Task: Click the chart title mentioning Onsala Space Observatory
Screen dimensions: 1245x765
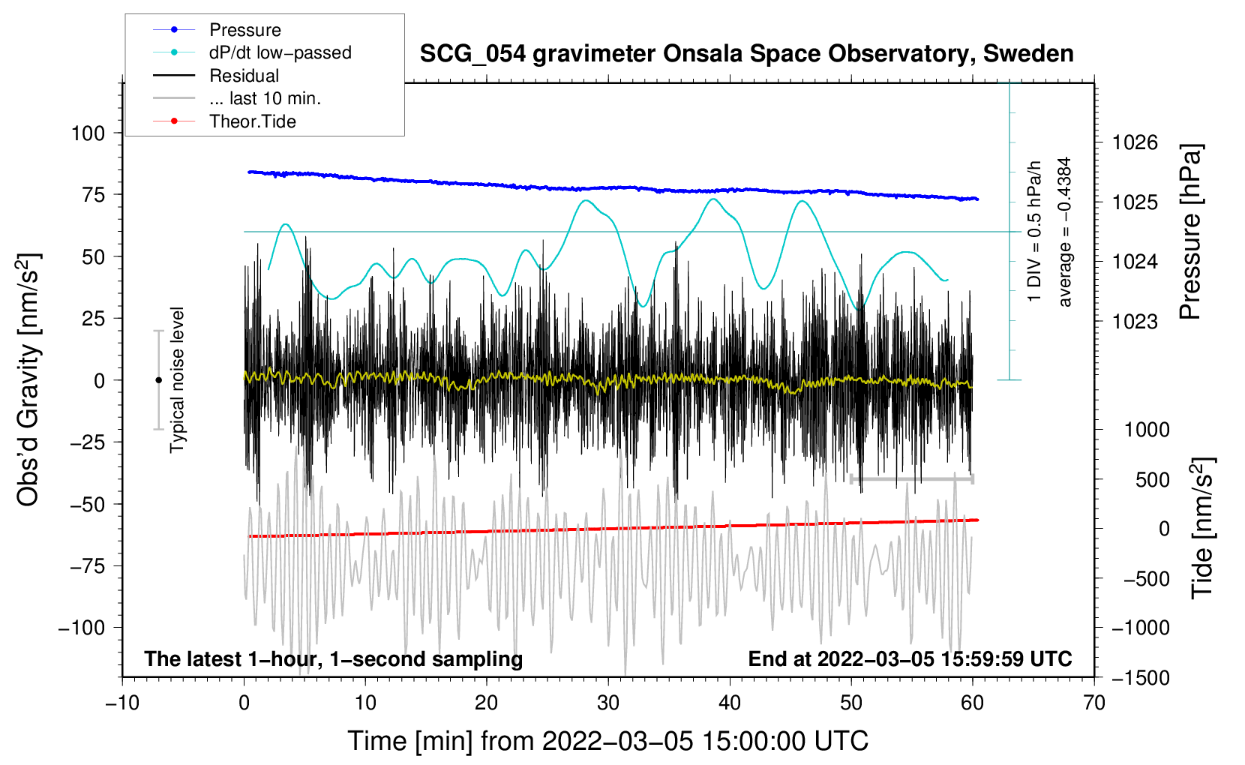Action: (x=746, y=54)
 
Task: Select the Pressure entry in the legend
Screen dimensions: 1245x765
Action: (x=217, y=29)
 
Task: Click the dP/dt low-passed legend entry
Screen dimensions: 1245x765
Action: (x=252, y=52)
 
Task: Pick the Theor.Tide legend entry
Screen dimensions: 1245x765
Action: (x=224, y=121)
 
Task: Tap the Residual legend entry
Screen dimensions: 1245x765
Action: (x=216, y=76)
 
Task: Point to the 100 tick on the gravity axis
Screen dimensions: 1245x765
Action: (x=88, y=133)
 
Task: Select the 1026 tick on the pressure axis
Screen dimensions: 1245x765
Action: (x=1135, y=143)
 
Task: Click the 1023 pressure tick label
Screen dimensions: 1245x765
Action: (x=1135, y=321)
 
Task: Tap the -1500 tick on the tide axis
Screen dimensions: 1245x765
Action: (x=1141, y=678)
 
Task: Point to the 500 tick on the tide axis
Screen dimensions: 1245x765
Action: (x=1152, y=479)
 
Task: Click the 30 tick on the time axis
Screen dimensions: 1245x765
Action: (x=608, y=703)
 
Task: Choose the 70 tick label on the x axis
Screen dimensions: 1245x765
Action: (x=1093, y=703)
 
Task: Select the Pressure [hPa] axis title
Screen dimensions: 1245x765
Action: (x=1189, y=232)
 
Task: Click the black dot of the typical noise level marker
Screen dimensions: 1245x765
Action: (x=158, y=380)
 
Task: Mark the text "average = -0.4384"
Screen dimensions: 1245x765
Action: (x=1064, y=232)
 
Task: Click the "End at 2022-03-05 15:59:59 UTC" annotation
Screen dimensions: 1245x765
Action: (x=910, y=658)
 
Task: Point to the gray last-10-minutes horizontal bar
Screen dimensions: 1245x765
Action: (x=911, y=478)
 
